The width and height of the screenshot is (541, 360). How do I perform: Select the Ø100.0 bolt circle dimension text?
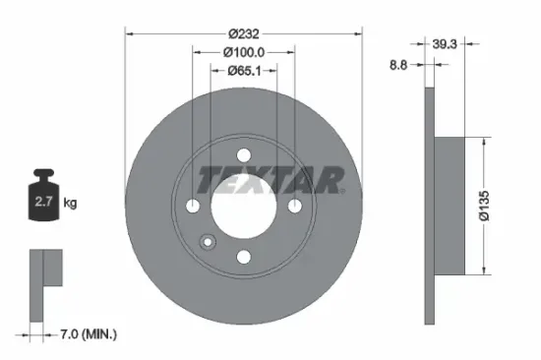tap(245, 51)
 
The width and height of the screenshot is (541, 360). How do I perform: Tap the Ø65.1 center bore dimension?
tap(245, 70)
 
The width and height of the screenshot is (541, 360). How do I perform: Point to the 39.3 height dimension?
tap(446, 43)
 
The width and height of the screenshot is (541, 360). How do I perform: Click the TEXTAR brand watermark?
tap(270, 180)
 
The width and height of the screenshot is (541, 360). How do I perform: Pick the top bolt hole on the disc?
tap(244, 153)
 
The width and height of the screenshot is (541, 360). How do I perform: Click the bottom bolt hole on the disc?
tap(244, 257)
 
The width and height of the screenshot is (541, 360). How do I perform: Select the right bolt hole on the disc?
tap(295, 205)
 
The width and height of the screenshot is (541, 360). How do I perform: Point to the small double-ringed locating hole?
tap(208, 242)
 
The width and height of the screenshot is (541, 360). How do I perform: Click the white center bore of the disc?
tap(244, 207)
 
